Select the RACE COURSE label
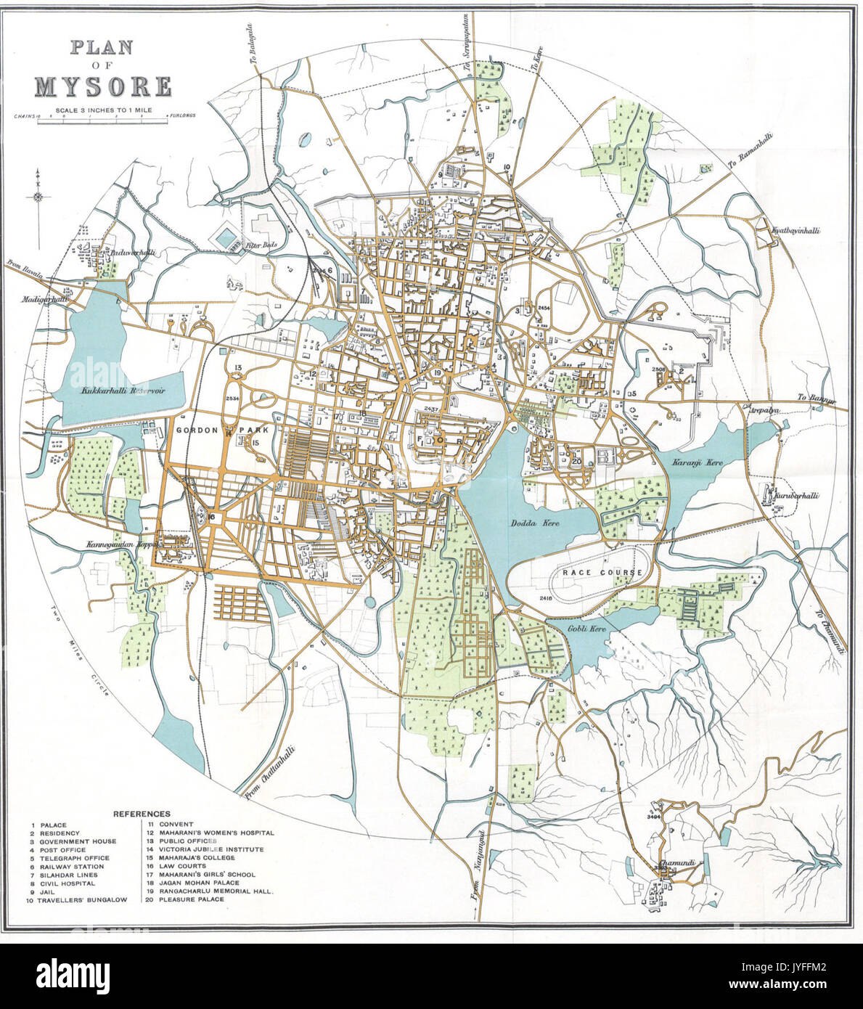(x=602, y=573)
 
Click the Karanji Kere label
(x=680, y=462)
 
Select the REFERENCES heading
(x=142, y=814)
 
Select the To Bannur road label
(x=817, y=398)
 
